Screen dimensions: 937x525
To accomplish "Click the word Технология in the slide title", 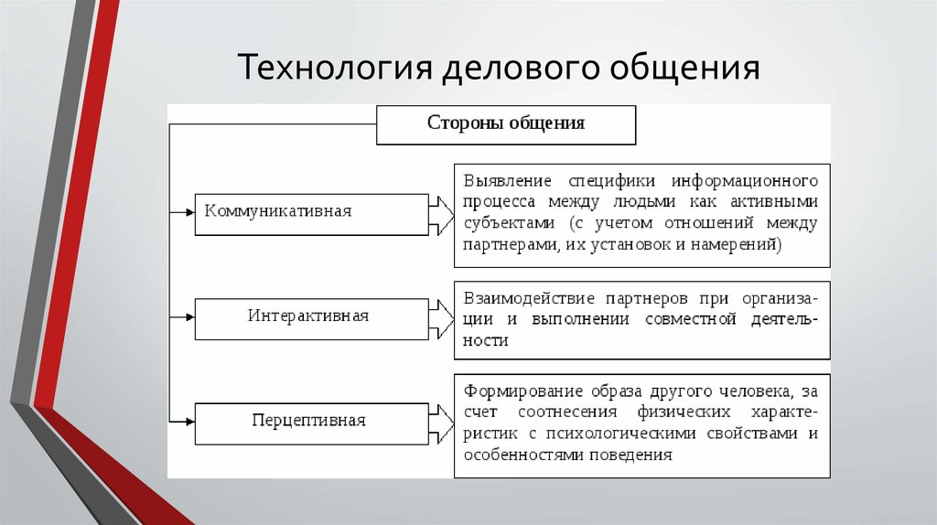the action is pyautogui.click(x=335, y=67).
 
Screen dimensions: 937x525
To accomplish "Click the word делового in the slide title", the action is pyautogui.click(x=521, y=67).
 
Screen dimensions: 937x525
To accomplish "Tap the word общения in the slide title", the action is pyautogui.click(x=684, y=67).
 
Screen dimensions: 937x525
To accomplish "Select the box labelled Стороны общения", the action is pyautogui.click(x=506, y=124).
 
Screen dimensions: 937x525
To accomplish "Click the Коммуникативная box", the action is pyautogui.click(x=312, y=214).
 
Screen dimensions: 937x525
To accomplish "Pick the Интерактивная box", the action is pyautogui.click(x=312, y=319).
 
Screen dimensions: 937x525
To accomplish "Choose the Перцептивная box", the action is pyautogui.click(x=312, y=423).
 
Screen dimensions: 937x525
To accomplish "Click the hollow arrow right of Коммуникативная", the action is pyautogui.click(x=442, y=215).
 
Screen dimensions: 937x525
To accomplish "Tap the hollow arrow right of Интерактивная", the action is pyautogui.click(x=442, y=319).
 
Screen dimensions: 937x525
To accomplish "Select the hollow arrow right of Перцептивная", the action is pyautogui.click(x=442, y=424).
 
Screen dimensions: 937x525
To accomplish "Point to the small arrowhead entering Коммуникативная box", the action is pyautogui.click(x=190, y=212).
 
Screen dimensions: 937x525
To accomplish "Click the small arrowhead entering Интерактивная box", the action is pyautogui.click(x=190, y=317).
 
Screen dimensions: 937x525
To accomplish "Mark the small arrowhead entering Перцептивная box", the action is pyautogui.click(x=190, y=422).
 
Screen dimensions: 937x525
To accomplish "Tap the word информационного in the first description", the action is pyautogui.click(x=745, y=180).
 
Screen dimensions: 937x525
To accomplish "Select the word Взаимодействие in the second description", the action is pyautogui.click(x=529, y=298).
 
